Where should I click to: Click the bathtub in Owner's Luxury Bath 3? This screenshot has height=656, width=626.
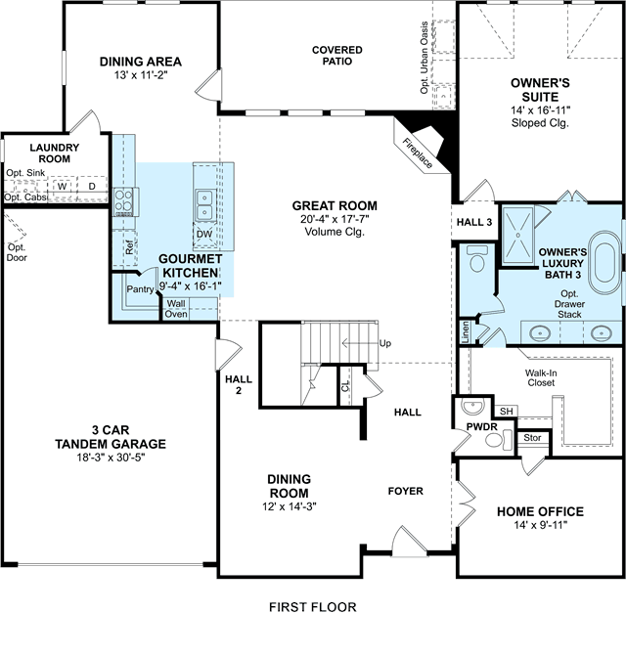tap(603, 262)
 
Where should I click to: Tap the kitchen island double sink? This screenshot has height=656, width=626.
tap(204, 204)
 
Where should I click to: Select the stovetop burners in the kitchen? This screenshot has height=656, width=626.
tap(123, 201)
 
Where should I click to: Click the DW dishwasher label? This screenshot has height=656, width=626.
tap(204, 234)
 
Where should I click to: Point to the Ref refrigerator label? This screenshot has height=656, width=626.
tap(129, 247)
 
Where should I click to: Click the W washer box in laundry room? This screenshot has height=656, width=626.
tap(63, 187)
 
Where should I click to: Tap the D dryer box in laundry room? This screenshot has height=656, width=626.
tap(92, 187)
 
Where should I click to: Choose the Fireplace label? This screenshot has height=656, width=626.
tap(418, 153)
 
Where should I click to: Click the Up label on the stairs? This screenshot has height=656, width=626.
tap(385, 343)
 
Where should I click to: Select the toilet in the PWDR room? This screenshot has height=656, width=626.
tap(499, 439)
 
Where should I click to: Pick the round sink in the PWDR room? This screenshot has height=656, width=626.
tap(472, 407)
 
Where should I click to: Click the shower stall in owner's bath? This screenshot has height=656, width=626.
tap(518, 235)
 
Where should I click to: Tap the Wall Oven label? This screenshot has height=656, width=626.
tap(176, 309)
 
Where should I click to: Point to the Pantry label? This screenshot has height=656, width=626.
tap(140, 289)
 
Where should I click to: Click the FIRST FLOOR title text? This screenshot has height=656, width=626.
tap(313, 607)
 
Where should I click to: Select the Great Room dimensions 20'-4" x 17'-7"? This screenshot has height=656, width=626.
tap(335, 219)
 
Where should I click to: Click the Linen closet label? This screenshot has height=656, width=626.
tap(466, 332)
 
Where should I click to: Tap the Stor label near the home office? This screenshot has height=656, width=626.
tap(532, 438)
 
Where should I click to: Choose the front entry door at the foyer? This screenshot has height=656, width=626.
tap(409, 543)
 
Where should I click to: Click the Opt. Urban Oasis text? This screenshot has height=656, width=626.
tap(425, 58)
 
